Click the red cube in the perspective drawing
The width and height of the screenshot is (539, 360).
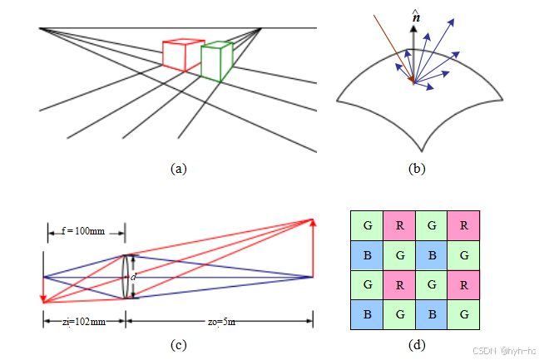point(180,54)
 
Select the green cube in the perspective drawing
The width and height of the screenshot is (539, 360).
point(215,61)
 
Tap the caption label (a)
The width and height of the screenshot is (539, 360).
point(178,168)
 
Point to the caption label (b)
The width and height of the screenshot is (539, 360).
point(417,168)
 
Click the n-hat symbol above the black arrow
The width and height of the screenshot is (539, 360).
point(416,14)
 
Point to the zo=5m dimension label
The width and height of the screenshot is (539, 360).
point(219,320)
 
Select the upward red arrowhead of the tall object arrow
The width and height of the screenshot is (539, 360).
point(313,222)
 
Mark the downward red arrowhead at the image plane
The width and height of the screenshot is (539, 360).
point(43,298)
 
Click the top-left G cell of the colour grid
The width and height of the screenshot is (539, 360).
point(367,224)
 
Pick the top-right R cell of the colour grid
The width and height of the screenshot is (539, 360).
point(463,224)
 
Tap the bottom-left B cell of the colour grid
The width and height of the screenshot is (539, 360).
point(367,314)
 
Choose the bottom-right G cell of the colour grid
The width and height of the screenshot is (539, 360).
point(463,314)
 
